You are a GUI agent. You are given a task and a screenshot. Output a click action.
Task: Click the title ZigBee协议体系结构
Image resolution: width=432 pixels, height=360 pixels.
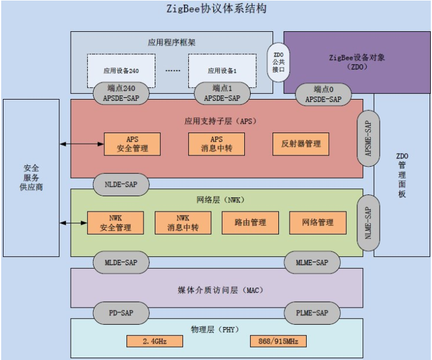217,9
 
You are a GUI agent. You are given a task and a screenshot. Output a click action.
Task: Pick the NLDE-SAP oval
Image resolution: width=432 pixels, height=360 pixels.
121,184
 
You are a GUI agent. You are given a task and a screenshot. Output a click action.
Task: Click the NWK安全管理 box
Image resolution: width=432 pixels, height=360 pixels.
115,222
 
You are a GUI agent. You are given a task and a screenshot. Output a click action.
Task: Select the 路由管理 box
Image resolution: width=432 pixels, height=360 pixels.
250,222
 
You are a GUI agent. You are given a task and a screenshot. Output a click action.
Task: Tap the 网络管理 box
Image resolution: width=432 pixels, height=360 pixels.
318,222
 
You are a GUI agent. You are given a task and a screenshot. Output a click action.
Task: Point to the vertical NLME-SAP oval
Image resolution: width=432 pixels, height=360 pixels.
368,223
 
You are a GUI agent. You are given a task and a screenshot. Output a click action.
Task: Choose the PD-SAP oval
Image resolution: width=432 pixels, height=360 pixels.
121,312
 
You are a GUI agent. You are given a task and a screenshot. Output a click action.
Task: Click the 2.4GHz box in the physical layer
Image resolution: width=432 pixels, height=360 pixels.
154,341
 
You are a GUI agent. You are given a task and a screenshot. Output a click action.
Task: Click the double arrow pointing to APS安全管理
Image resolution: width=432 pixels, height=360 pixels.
81,143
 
